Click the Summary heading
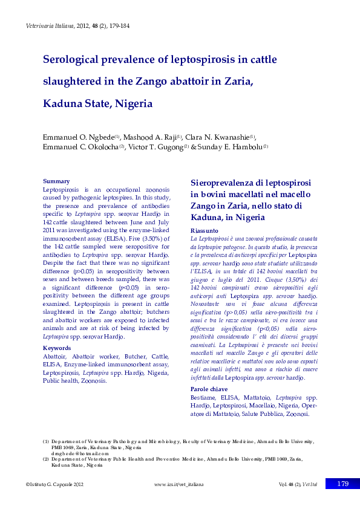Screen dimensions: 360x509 point(56,181)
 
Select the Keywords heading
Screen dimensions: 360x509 point(58,348)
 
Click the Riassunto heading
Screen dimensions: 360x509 point(204,231)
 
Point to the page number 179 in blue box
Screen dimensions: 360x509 point(342,484)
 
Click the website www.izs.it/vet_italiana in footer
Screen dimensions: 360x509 point(179,484)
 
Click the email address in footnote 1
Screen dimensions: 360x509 point(80,453)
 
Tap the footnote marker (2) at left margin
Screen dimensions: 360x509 point(46,459)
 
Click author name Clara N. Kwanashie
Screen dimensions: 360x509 point(220,137)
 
